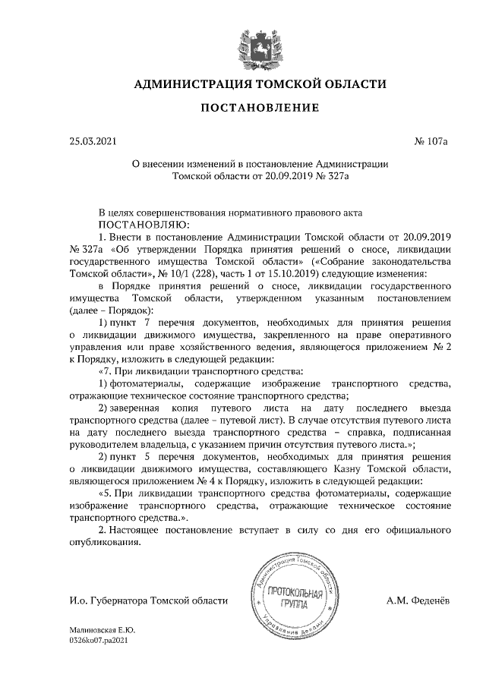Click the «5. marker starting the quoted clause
click(x=108, y=491)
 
